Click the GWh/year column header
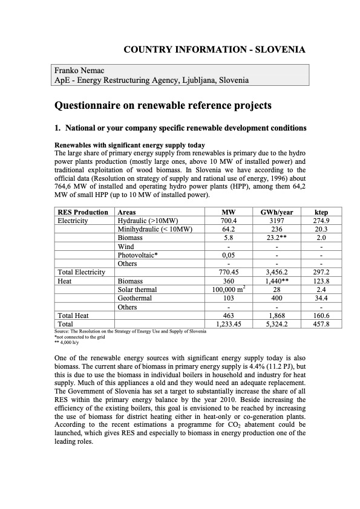tap(277, 212)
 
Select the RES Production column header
tap(83, 212)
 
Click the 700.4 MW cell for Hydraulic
tap(228, 221)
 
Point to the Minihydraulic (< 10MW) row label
tap(155, 229)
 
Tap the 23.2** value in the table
tap(277, 238)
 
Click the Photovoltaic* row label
tap(138, 255)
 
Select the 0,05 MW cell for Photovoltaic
tap(228, 255)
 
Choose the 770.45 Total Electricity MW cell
tap(228, 273)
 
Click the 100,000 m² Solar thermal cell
tap(228, 290)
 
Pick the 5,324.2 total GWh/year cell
tap(277, 325)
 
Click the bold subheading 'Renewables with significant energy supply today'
tap(129, 145)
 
